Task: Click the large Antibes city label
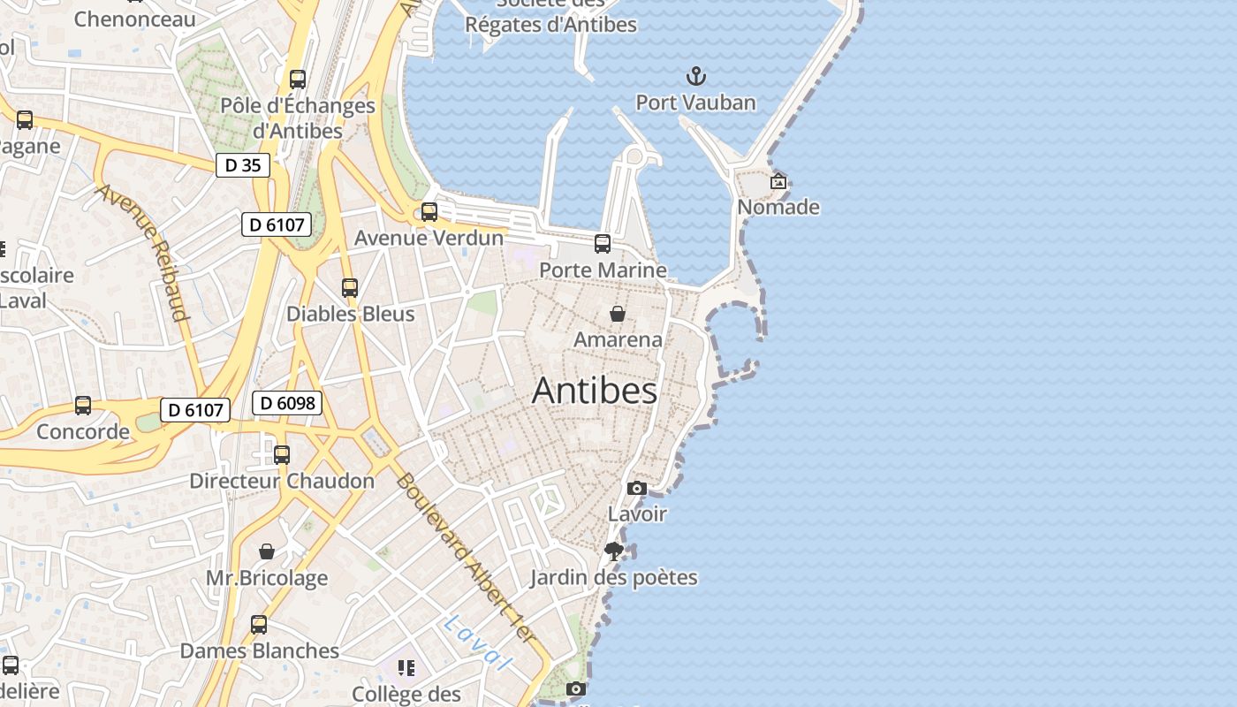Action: [595, 391]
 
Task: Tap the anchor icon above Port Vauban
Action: [696, 76]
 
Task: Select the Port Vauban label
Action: [696, 103]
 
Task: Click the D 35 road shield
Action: [243, 165]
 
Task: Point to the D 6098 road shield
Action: [287, 404]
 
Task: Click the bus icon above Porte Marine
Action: [603, 244]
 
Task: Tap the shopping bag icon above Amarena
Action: [618, 314]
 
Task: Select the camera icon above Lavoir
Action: [637, 488]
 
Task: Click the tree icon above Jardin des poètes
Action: [614, 552]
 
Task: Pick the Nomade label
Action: [778, 208]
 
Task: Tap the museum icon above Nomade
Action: [778, 181]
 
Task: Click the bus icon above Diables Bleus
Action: [350, 288]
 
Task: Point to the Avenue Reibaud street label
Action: [143, 252]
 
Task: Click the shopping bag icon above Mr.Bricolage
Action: [267, 552]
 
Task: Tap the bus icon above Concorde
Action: [83, 406]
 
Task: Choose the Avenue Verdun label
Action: [429, 238]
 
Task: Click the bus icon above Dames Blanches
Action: [259, 625]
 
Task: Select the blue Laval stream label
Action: [478, 642]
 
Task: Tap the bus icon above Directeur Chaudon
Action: [282, 455]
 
